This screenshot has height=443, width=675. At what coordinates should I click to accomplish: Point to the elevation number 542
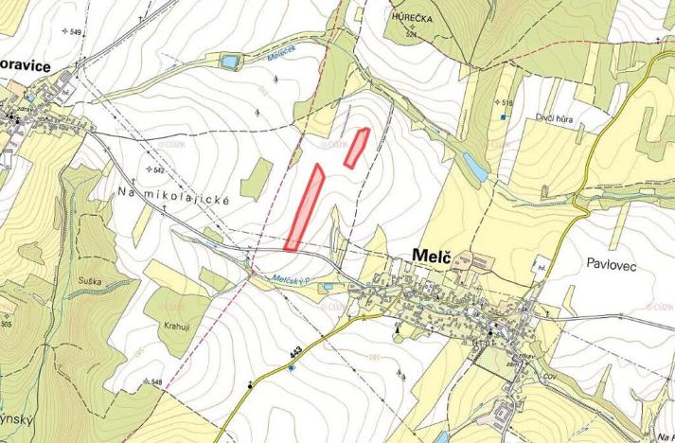pos(158,169)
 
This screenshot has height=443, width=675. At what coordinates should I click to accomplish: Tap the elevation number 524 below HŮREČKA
pos(410,34)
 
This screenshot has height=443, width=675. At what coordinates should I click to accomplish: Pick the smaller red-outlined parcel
pos(357,148)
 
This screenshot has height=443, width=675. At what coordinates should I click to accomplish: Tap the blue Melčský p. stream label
pos(292,279)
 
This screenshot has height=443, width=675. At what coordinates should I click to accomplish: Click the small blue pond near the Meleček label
pos(227,62)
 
